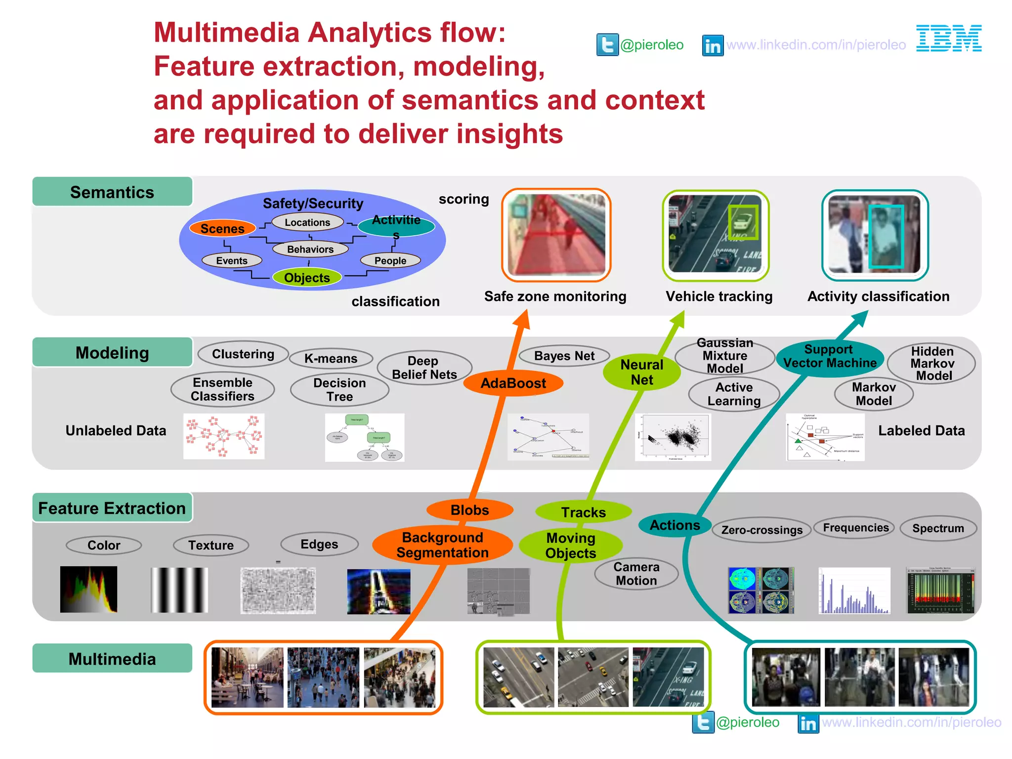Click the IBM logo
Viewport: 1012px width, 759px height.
point(948,38)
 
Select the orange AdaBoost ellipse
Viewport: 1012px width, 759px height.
point(513,383)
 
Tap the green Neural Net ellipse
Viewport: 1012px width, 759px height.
point(641,372)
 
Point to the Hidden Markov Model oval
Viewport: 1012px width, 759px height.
point(931,364)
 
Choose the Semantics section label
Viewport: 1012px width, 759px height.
point(112,192)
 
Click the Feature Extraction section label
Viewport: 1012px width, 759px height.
point(112,508)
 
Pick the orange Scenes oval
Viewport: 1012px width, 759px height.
point(222,229)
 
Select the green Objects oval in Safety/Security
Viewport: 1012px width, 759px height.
point(307,278)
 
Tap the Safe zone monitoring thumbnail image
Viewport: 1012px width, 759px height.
point(556,235)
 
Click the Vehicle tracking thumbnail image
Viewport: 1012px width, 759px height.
point(716,235)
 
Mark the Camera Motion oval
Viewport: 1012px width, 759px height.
point(636,574)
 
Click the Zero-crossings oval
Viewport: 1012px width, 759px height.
point(761,530)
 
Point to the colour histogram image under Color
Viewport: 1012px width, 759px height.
point(89,590)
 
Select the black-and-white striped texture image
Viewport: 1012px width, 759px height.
point(179,590)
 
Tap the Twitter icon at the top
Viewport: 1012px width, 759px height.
point(607,45)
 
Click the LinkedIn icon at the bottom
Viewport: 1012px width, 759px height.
point(808,723)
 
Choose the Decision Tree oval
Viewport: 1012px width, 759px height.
point(340,389)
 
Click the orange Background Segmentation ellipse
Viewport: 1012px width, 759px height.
point(442,545)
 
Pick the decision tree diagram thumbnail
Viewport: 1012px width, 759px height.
point(365,437)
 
